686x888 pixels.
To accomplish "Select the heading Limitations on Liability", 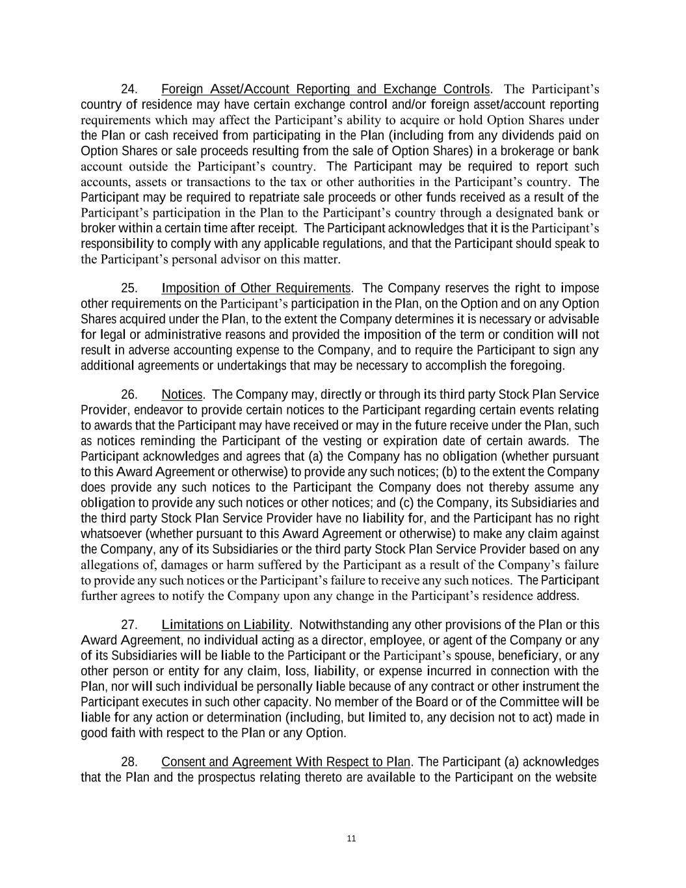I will click(x=225, y=625).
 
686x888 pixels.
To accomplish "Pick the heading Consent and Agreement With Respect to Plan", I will click(x=285, y=762).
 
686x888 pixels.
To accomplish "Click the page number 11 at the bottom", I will click(x=351, y=839).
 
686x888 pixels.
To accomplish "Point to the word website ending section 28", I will click(x=575, y=777).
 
